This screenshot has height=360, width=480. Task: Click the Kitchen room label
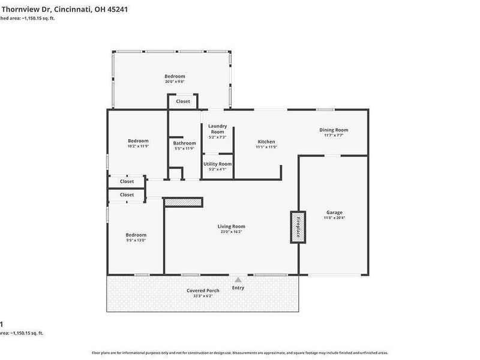(265, 142)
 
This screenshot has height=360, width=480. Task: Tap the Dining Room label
(333, 130)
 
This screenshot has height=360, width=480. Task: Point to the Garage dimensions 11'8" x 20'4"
(334, 218)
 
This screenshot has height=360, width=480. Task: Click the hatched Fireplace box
(296, 226)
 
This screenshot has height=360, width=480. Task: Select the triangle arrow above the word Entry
(238, 280)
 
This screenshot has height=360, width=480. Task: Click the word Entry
(238, 287)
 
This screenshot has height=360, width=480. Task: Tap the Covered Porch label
(202, 290)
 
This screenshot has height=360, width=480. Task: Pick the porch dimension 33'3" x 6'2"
(202, 296)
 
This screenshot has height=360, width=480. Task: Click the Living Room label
(231, 226)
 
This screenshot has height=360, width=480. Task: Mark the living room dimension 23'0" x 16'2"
(231, 232)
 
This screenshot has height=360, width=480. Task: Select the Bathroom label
(184, 143)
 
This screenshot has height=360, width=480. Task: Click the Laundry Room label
(217, 128)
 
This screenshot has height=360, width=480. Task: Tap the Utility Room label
(217, 164)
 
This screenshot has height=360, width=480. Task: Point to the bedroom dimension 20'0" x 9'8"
(175, 82)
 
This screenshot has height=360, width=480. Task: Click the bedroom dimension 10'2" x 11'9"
(137, 146)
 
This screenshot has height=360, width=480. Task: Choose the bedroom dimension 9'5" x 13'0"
(136, 240)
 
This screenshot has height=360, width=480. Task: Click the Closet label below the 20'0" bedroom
(183, 101)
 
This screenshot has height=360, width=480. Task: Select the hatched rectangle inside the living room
(183, 203)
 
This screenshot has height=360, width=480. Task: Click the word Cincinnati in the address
(74, 10)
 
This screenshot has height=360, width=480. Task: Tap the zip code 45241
(117, 10)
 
